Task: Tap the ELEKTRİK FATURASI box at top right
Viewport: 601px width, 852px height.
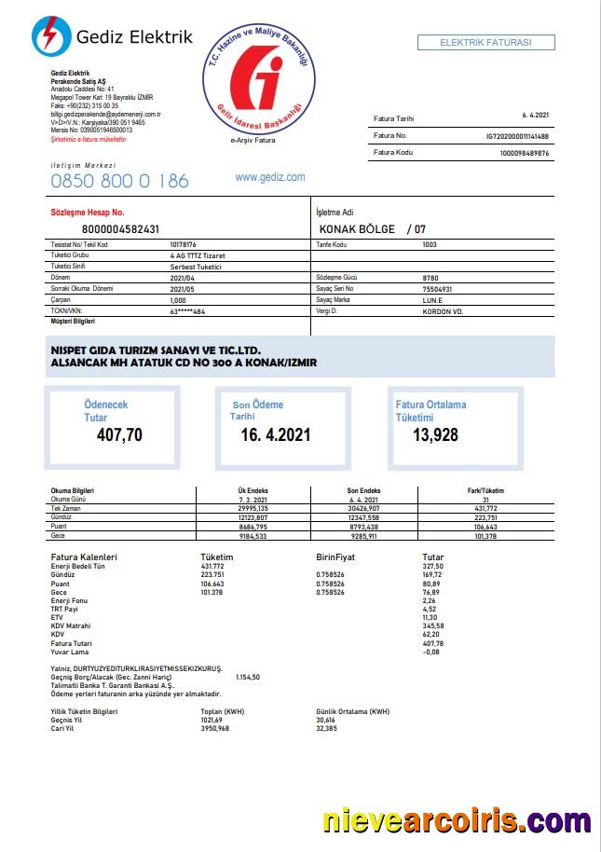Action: [x=485, y=43]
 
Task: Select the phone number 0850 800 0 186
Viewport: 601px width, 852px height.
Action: [x=119, y=181]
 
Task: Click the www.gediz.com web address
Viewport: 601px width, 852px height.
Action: [x=270, y=177]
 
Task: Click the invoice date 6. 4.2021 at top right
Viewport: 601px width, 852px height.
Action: [x=536, y=116]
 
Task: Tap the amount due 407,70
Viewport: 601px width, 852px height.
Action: [x=120, y=434]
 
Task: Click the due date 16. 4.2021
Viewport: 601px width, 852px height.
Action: [x=276, y=435]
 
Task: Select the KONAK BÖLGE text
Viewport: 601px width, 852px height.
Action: [x=358, y=228]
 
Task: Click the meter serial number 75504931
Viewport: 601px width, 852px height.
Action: [x=438, y=290]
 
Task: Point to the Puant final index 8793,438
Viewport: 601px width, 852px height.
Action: [x=363, y=527]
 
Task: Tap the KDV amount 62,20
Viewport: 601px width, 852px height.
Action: [x=432, y=634]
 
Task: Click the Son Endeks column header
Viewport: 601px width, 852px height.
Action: [x=363, y=490]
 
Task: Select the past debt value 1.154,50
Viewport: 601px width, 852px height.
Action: [x=248, y=677]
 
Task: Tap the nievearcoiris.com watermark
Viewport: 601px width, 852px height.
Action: [x=457, y=820]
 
